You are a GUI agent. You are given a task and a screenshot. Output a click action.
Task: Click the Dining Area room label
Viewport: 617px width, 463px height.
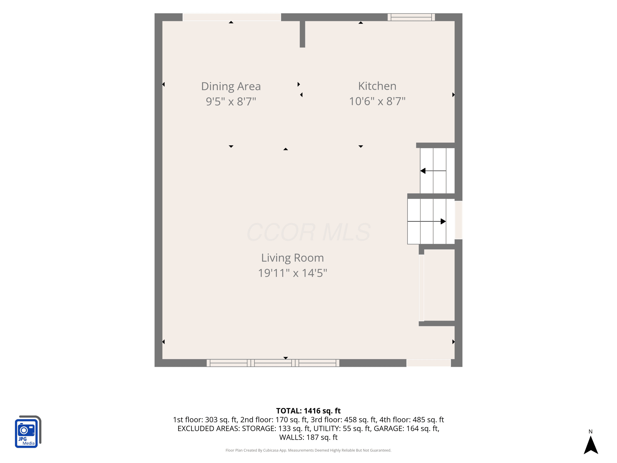(231, 86)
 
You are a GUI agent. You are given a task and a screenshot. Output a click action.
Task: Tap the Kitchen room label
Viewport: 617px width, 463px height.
(377, 86)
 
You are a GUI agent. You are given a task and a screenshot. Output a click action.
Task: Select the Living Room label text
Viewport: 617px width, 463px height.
(292, 258)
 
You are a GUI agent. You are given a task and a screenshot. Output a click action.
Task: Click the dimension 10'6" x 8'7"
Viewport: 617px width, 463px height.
(377, 101)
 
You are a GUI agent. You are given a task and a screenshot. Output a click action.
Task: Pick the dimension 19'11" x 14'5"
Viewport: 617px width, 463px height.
(292, 273)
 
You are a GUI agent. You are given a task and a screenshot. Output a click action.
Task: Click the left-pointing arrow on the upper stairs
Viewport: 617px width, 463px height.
(433, 171)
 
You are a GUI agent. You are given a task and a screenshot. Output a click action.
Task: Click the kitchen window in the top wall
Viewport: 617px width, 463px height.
(411, 17)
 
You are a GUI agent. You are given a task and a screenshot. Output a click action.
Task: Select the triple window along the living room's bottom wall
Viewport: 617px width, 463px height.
(273, 363)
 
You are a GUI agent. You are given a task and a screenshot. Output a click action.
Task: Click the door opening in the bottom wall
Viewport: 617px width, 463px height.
(429, 363)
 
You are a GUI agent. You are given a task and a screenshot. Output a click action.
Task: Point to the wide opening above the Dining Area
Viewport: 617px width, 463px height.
(232, 17)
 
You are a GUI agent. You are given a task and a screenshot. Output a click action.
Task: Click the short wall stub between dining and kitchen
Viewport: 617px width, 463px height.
(302, 34)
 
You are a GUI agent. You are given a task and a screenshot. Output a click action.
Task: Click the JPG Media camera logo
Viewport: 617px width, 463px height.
(28, 432)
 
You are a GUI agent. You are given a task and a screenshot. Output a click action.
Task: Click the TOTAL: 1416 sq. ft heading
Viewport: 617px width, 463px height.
(308, 411)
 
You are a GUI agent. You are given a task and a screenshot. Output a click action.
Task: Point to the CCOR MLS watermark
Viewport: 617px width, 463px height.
(308, 232)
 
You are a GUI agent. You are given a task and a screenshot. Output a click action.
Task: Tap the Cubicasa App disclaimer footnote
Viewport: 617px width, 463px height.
(308, 450)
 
